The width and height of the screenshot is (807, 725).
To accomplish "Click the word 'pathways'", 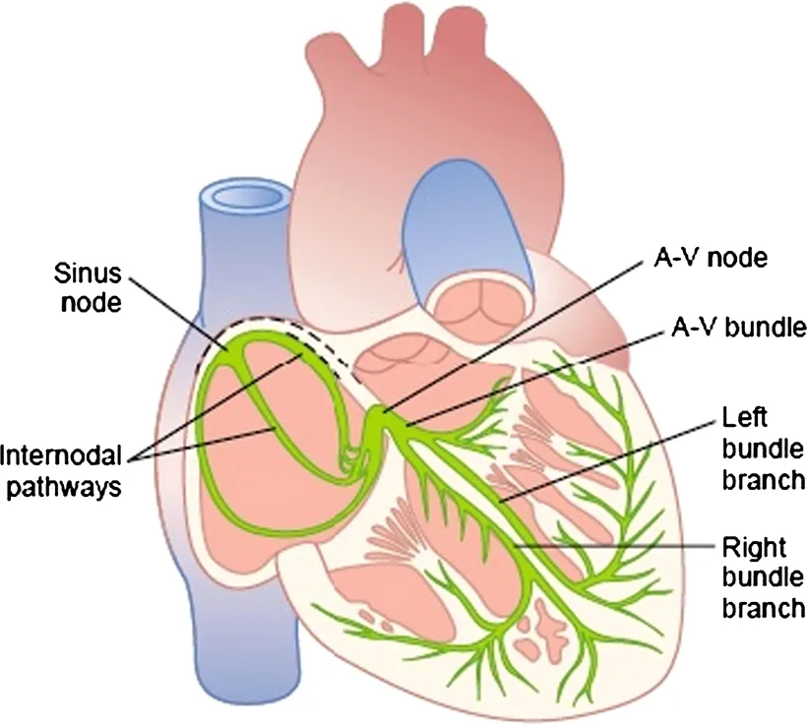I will coord(70,488).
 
